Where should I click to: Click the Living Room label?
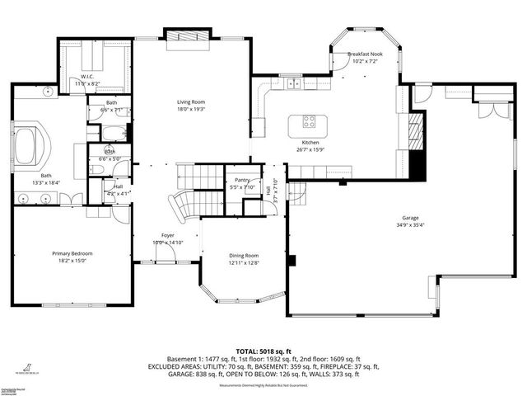[x=190, y=102]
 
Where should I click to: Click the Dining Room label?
[x=244, y=256]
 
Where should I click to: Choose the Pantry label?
[x=241, y=179]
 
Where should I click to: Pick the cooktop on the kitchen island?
[x=310, y=122]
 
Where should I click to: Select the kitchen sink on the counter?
[x=294, y=82]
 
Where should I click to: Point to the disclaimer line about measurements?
[x=263, y=385]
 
